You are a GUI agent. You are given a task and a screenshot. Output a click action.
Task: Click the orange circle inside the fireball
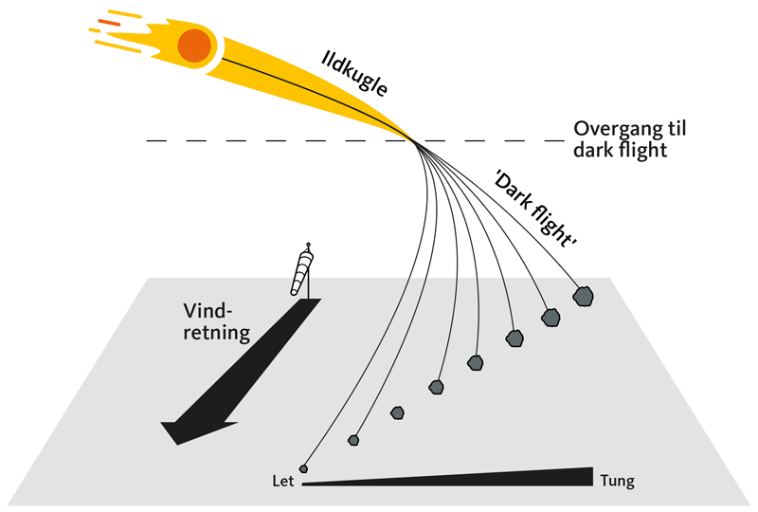194,44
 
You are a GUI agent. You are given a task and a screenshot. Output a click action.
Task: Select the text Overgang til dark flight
624,139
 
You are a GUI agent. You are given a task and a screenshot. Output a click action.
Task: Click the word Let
281,481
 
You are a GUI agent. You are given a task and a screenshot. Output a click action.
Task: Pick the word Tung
618,481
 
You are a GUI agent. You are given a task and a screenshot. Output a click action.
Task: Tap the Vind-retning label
217,322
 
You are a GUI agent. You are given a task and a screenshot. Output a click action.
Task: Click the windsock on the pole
304,270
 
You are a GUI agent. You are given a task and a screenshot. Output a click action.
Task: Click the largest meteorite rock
584,297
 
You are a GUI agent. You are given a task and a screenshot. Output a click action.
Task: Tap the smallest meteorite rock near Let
303,467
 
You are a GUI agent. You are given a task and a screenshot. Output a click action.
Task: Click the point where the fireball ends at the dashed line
413,141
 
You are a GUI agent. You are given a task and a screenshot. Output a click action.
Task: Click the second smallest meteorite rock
353,439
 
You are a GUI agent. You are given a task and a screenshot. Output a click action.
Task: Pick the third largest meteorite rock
514,338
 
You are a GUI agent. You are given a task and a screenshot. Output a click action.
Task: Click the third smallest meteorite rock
398,412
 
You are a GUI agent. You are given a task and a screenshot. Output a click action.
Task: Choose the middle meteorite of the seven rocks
437,386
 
